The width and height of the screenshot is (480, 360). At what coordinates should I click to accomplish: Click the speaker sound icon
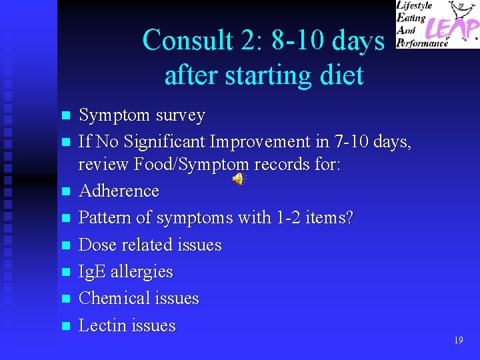[239, 179]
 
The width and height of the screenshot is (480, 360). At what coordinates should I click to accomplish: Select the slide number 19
[458, 340]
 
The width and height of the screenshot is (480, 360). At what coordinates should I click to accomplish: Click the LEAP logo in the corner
[437, 24]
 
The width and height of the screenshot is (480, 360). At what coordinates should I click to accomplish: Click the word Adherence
[119, 191]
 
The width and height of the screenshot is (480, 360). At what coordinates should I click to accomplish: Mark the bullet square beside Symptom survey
[65, 116]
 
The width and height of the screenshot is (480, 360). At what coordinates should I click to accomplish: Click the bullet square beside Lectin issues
[65, 327]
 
